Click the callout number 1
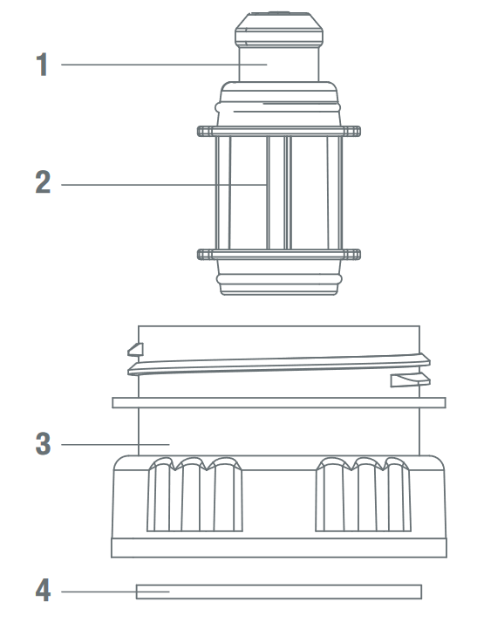(x=42, y=65)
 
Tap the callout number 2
(x=43, y=182)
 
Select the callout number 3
(x=43, y=444)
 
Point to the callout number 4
(x=43, y=590)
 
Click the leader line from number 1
(x=164, y=65)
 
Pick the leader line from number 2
(x=164, y=185)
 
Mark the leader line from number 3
(x=115, y=444)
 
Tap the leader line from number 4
(x=115, y=591)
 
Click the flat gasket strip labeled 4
(x=279, y=591)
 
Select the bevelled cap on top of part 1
(x=279, y=29)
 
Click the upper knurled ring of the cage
(x=279, y=131)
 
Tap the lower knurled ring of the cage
(x=279, y=255)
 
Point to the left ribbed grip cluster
(x=194, y=494)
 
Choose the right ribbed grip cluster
(x=363, y=494)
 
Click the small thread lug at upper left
(x=135, y=350)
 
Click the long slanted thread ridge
(x=279, y=365)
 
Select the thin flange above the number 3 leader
(x=279, y=403)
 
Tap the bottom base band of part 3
(x=279, y=548)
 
